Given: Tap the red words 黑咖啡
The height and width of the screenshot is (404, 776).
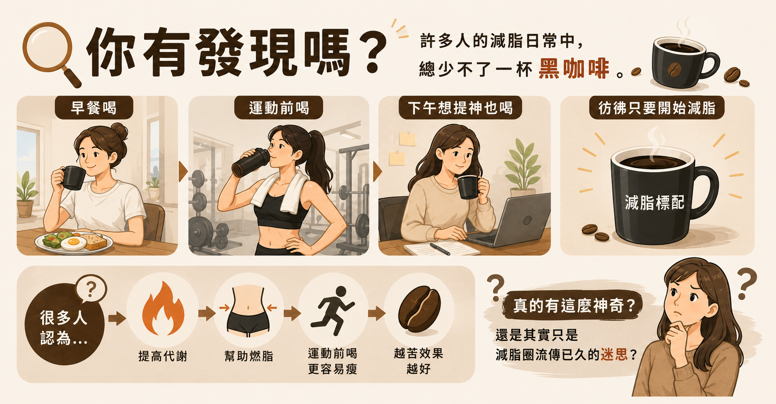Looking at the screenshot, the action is point(574,69).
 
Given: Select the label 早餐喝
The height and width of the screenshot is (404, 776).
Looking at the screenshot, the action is point(94,108).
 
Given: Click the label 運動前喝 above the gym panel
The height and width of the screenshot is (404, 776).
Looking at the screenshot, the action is point(279,108).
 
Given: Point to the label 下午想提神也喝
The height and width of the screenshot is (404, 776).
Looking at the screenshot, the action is point(460,108).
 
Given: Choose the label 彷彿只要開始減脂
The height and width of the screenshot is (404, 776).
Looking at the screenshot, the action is point(657,108).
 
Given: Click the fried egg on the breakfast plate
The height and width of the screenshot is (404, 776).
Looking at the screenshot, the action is point(74,243).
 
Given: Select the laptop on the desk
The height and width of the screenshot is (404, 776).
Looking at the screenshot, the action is point(513,221).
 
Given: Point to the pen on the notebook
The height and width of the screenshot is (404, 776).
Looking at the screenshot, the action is point(440,249).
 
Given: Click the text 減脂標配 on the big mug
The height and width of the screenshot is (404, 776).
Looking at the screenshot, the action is point(655,203).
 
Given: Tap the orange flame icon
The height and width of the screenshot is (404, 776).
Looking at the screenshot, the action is point(163,309).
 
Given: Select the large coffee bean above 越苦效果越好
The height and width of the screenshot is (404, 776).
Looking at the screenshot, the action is point(419,309).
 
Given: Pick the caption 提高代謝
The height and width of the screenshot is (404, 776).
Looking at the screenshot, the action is point(163,356).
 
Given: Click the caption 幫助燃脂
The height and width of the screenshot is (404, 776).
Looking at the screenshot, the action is point(249,356).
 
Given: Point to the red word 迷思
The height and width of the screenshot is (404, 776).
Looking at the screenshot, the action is point(614,354).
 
